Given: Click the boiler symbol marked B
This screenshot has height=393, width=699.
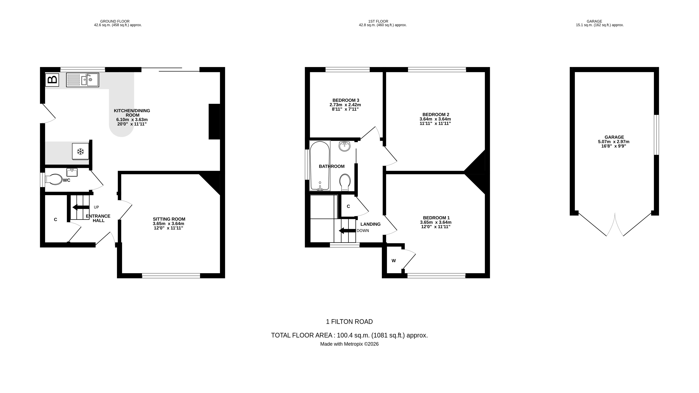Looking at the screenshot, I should (x=52, y=80).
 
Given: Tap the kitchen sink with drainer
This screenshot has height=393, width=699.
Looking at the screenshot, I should (x=83, y=80).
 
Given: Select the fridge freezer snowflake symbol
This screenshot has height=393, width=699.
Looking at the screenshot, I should (x=80, y=151).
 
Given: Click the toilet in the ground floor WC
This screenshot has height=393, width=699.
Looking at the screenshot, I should (x=54, y=179).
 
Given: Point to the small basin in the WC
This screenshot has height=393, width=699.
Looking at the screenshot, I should (x=72, y=172).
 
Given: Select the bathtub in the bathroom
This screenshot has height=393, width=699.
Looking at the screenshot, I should (x=320, y=166).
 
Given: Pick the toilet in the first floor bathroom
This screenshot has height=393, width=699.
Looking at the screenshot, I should (x=345, y=182).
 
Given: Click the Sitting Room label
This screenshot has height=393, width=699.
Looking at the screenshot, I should (x=169, y=219).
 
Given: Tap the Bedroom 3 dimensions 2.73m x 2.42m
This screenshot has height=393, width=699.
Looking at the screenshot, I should (x=345, y=105).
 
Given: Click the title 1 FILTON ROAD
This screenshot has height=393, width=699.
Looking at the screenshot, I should (x=349, y=322).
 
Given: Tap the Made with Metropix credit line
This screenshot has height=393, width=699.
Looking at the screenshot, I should (x=349, y=344).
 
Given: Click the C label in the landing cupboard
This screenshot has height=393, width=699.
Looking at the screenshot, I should (x=348, y=206).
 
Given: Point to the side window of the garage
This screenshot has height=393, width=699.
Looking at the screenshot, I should (x=656, y=135).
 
